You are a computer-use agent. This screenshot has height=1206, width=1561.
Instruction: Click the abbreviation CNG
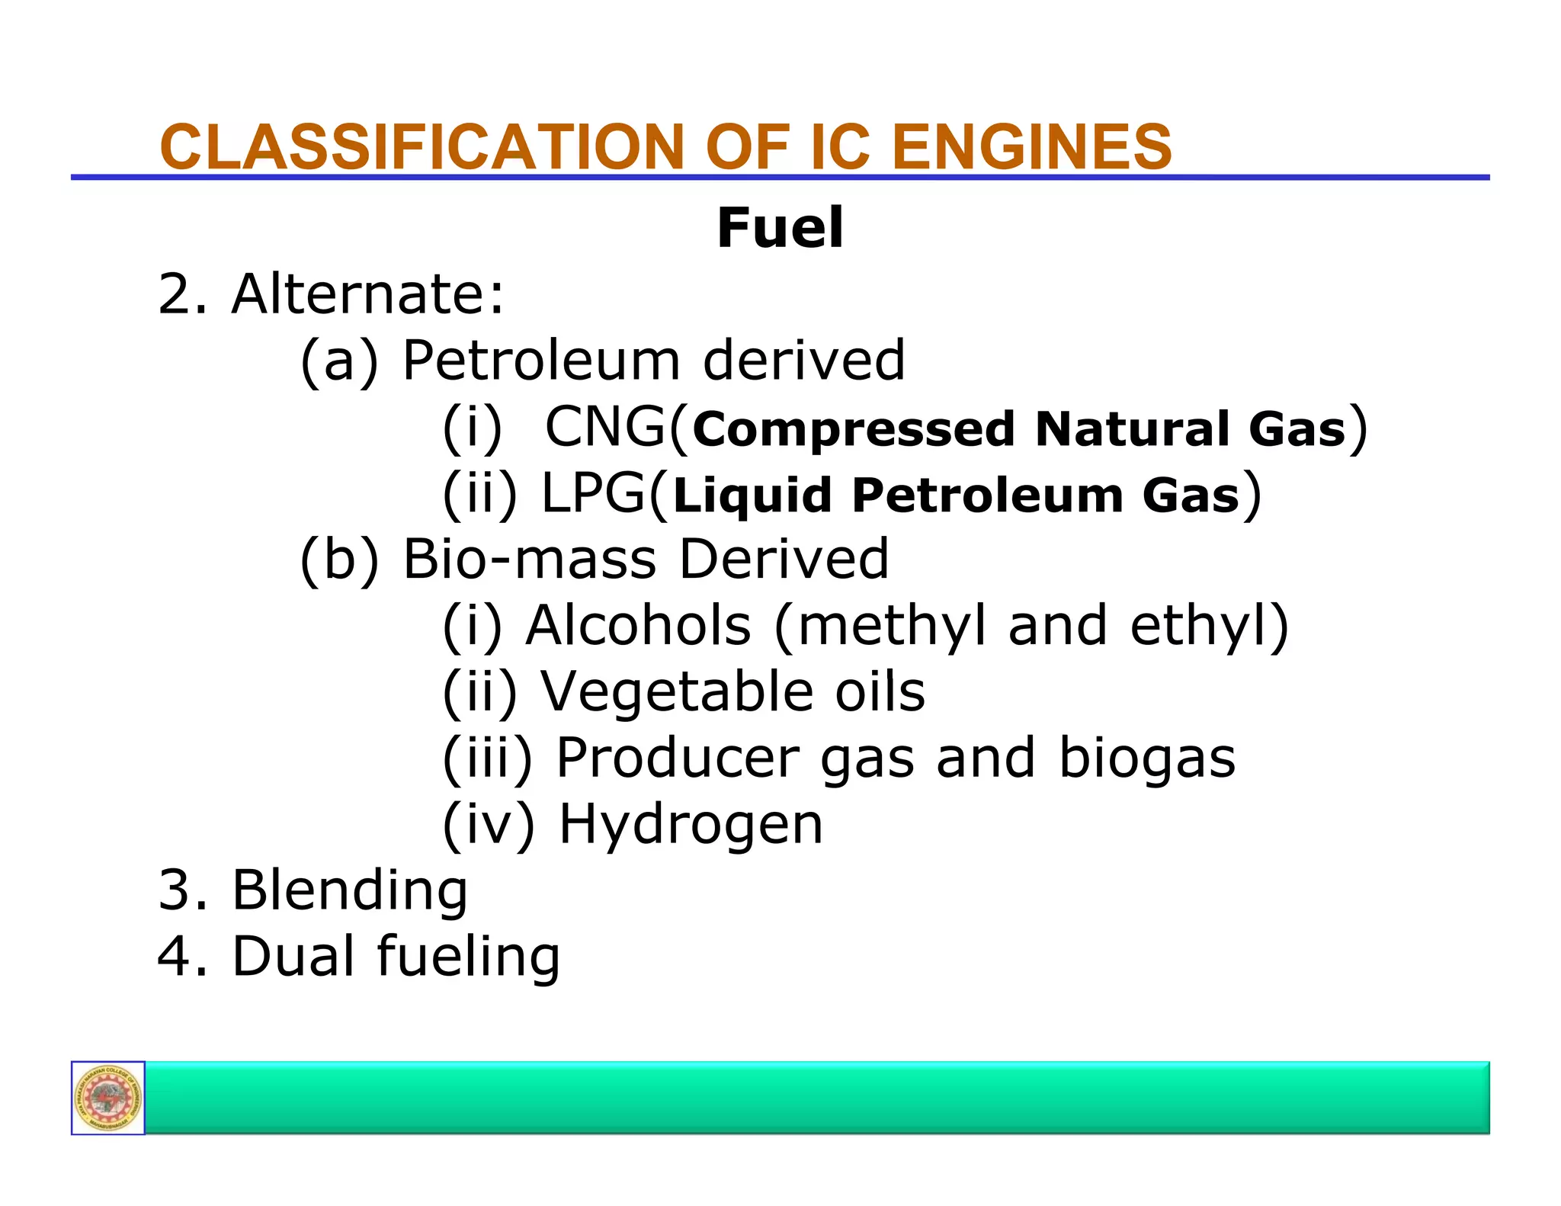[604, 427]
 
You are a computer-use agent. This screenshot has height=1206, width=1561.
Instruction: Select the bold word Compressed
[854, 429]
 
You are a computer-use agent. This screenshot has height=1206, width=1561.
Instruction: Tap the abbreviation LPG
[593, 493]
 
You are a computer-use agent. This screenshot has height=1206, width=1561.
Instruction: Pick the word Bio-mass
[529, 559]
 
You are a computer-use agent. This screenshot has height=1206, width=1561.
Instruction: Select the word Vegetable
[677, 691]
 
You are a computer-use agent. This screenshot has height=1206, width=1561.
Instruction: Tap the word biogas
[1146, 759]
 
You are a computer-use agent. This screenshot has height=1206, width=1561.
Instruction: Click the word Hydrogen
[691, 825]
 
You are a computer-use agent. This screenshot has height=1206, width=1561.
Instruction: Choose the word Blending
[350, 890]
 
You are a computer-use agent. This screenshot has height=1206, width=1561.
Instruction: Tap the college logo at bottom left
[108, 1098]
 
